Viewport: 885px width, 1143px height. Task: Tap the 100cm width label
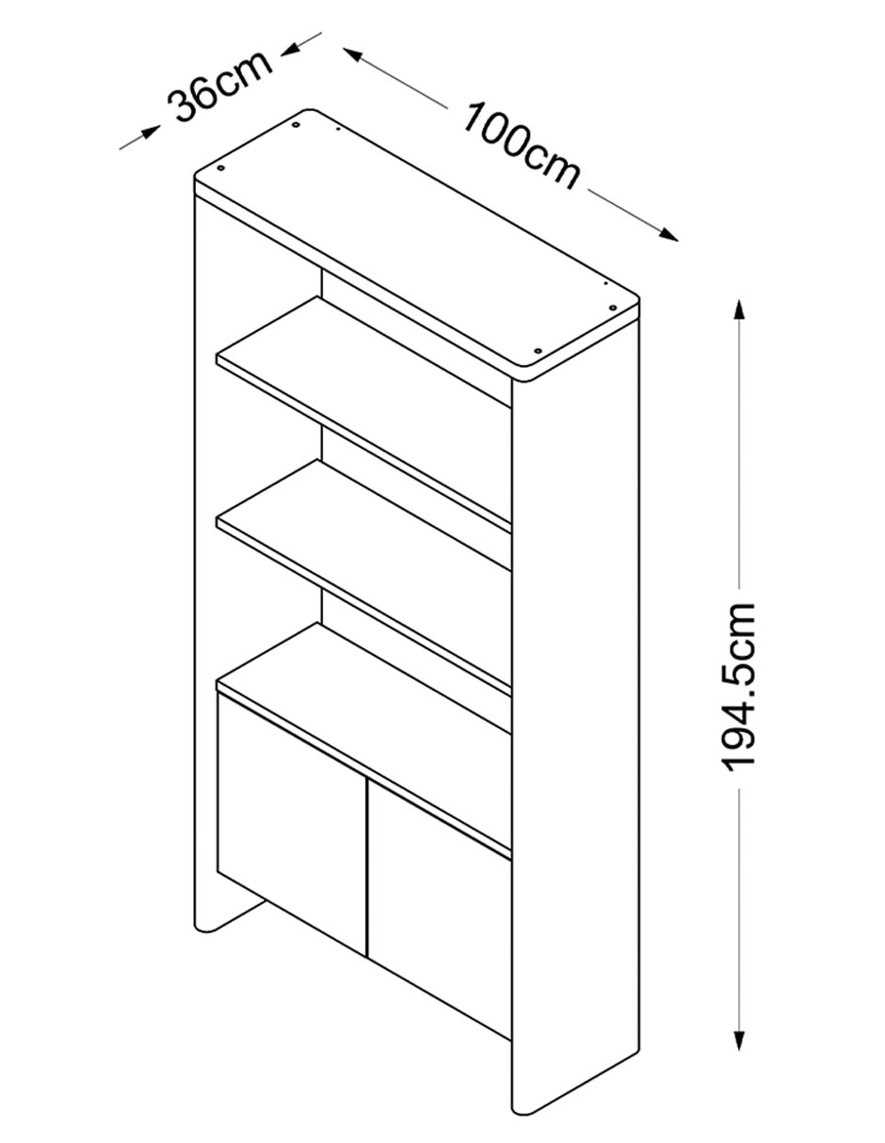[x=521, y=146]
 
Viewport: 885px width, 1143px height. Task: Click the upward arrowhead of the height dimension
[x=739, y=310]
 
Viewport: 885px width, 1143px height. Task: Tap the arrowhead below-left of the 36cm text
[x=151, y=131]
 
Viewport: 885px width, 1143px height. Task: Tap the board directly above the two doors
[x=363, y=740]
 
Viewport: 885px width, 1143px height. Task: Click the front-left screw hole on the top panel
[x=221, y=168]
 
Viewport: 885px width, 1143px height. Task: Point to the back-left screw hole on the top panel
[x=296, y=125]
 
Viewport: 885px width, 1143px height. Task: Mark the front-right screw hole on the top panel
[x=538, y=350]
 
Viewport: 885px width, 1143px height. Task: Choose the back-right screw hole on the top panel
[x=612, y=308]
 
